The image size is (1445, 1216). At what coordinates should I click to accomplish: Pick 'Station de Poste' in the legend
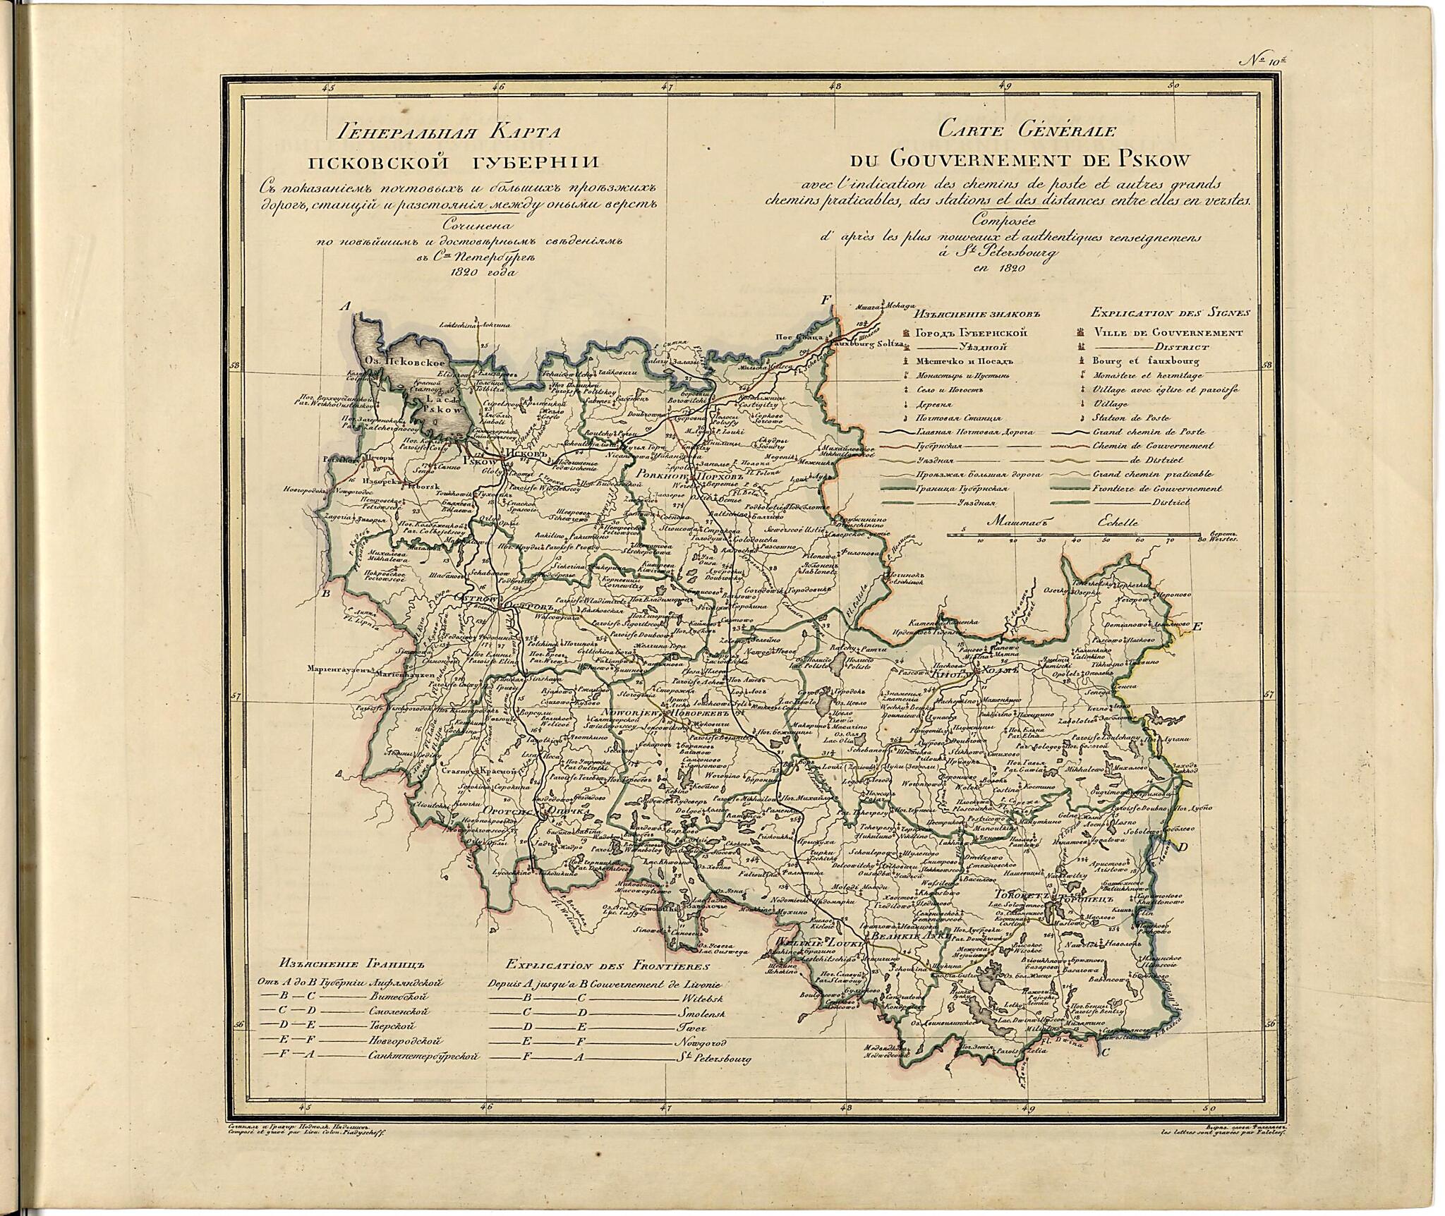coord(1129,417)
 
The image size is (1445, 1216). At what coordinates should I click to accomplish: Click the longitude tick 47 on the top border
coord(667,88)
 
